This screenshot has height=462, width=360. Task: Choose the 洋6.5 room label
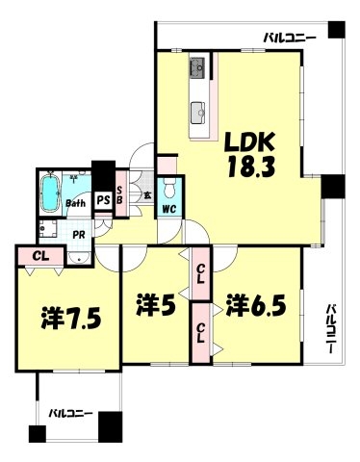[x=254, y=308]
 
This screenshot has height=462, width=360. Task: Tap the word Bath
[x=78, y=203]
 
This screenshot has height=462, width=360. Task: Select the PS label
[x=101, y=201]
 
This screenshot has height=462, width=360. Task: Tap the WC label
[x=167, y=207]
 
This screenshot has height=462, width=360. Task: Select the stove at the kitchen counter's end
[x=198, y=67]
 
